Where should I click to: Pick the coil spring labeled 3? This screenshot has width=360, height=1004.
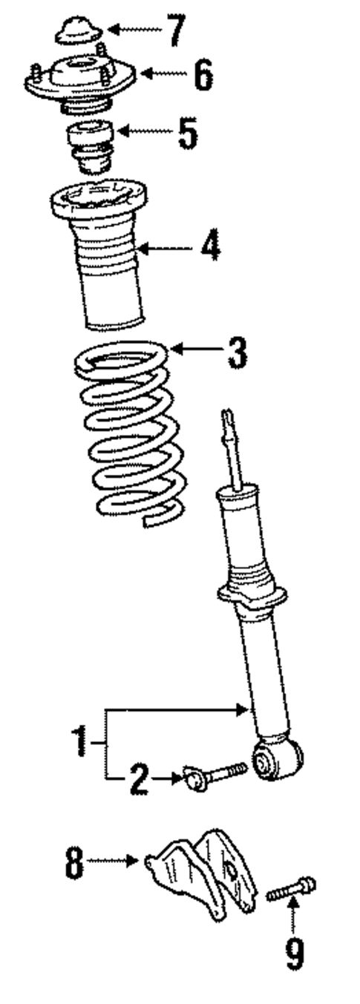click(x=130, y=438)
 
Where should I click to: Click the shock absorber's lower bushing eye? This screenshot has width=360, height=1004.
click(x=278, y=759)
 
